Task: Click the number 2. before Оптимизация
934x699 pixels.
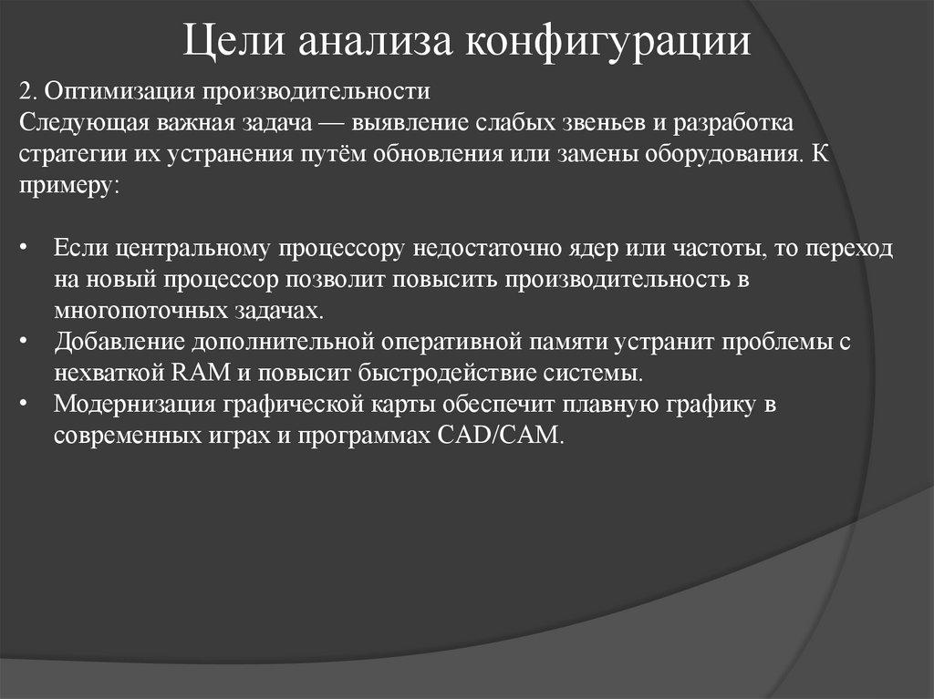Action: [x=27, y=92]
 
